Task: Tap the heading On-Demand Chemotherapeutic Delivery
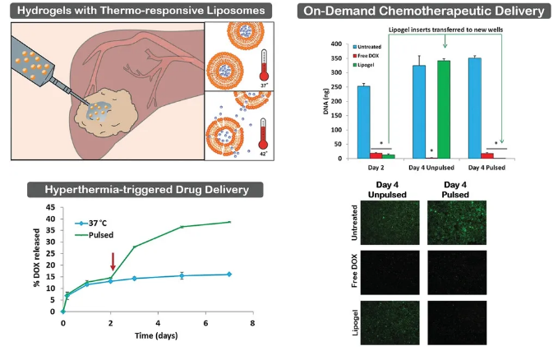[x=423, y=11]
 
